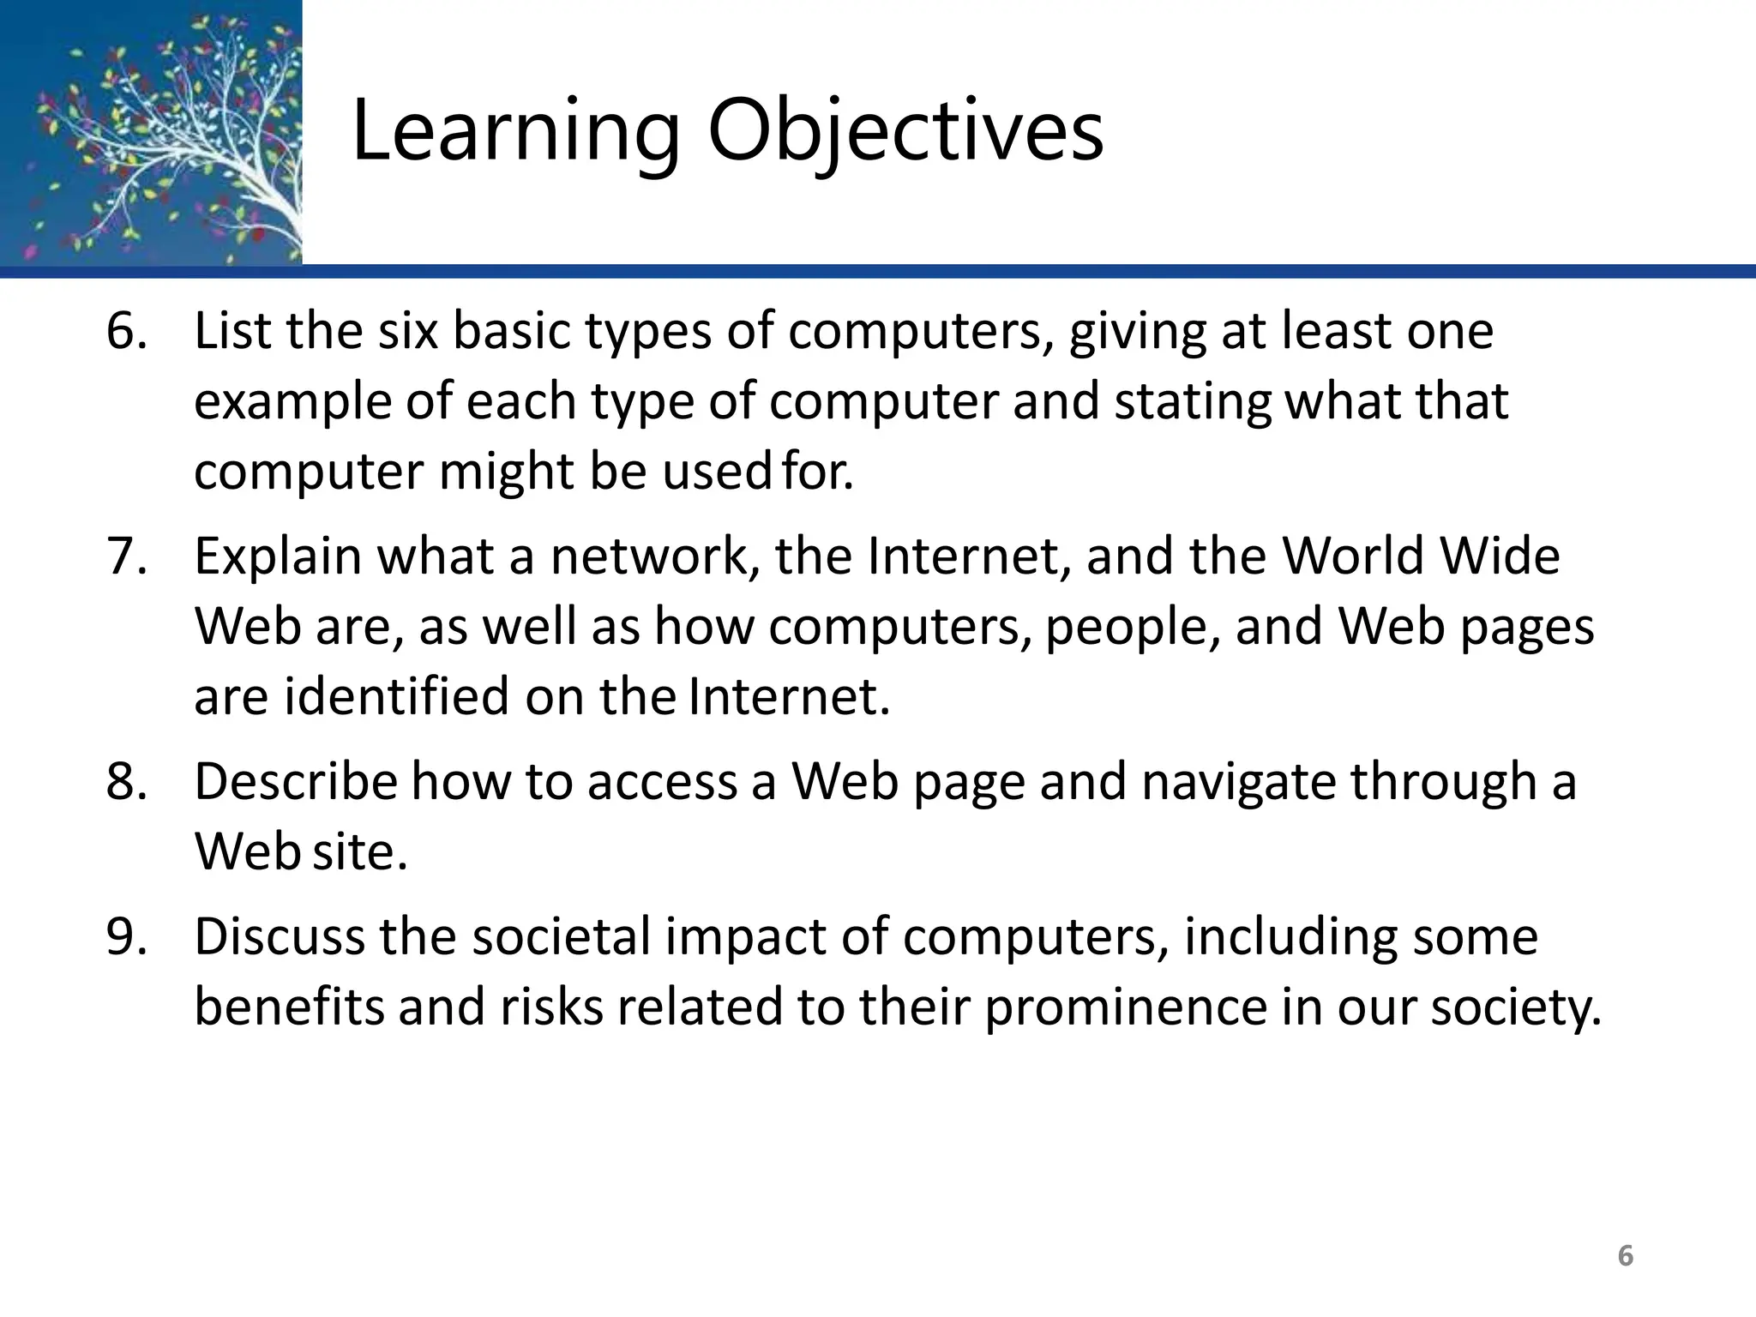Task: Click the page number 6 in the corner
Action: point(1625,1256)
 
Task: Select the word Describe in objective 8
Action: point(296,782)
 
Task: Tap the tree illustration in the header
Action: point(151,133)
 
